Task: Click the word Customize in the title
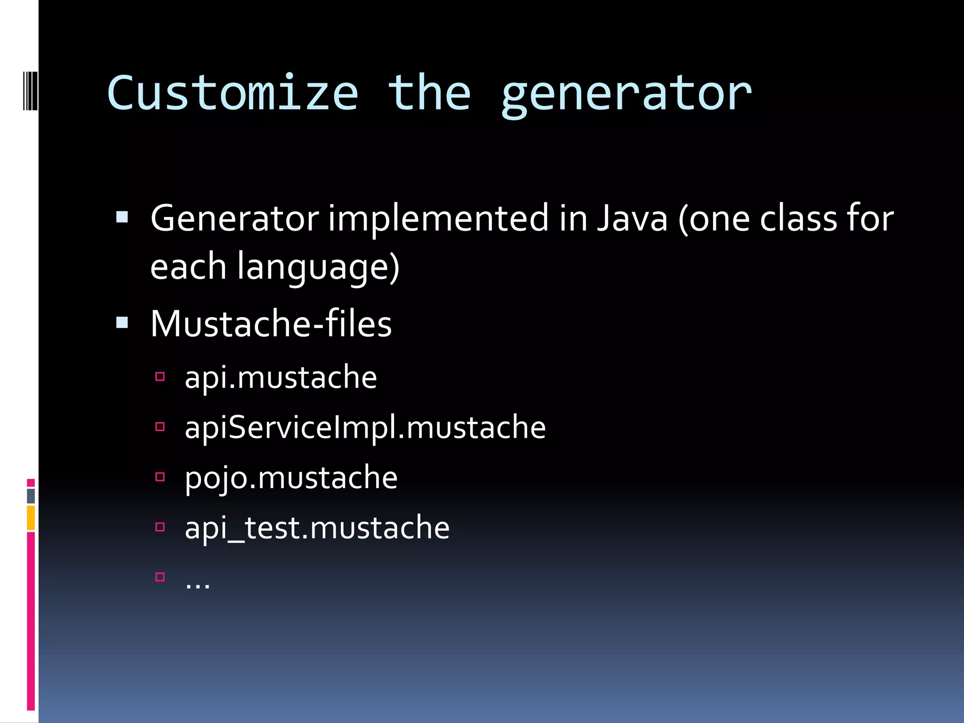coord(233,93)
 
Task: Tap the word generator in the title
coord(626,95)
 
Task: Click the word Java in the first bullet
coord(632,218)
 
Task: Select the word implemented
coord(438,219)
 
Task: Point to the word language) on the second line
coord(318,267)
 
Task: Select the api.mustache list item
coord(281,378)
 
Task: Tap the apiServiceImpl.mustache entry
coord(365,427)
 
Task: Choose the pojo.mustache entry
coord(291,478)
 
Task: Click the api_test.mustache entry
coord(317,528)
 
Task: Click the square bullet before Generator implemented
coord(122,217)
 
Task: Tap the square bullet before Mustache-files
coord(122,322)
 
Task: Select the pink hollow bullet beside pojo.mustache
coord(160,477)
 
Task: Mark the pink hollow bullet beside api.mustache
coord(160,377)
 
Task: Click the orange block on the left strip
coord(31,518)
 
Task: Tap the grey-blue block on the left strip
coord(31,496)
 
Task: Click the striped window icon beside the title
coord(30,90)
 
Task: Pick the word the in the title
coord(429,93)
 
